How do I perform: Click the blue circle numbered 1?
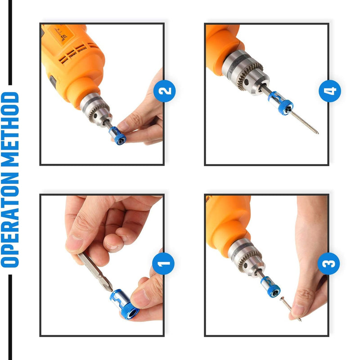[163, 263]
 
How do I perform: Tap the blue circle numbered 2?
[164, 91]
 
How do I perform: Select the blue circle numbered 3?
[328, 263]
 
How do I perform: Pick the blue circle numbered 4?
[330, 91]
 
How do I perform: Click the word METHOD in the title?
[10, 129]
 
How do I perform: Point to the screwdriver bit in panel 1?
[95, 272]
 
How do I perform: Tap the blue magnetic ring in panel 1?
[124, 304]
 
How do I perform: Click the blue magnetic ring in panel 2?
[117, 136]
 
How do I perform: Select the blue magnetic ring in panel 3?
[270, 287]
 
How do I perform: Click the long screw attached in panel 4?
[304, 122]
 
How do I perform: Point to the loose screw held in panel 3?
[290, 309]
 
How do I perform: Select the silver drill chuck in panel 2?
[96, 109]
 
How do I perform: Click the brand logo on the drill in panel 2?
[63, 36]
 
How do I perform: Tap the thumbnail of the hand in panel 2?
[122, 126]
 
